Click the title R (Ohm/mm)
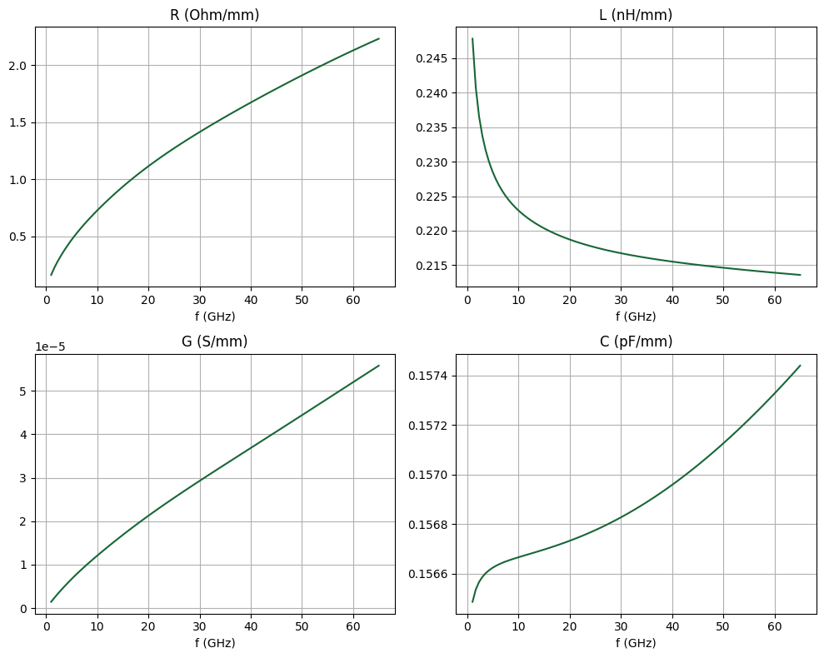pos(214,15)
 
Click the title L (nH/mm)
pos(636,15)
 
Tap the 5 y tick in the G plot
pos(25,391)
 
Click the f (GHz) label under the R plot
pos(214,317)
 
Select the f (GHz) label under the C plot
pos(636,643)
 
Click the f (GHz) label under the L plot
pos(636,317)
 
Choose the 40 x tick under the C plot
pos(672,626)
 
